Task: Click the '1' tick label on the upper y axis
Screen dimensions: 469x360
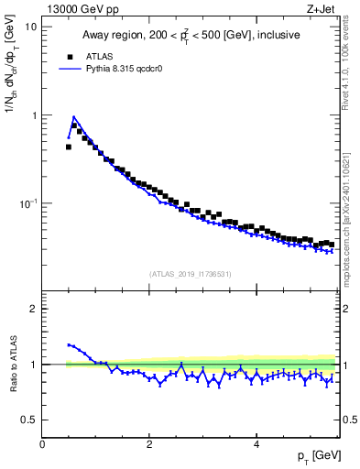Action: [x=35, y=115]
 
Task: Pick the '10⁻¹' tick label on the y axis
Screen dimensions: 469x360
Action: [x=27, y=203]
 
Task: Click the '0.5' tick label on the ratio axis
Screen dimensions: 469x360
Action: [x=30, y=420]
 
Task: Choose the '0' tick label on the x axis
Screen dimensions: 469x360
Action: [x=42, y=444]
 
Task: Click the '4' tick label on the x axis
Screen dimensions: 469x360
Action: [x=256, y=444]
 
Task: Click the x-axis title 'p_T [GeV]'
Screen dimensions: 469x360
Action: [x=315, y=456]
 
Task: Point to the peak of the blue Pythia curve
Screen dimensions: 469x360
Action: [x=73, y=117]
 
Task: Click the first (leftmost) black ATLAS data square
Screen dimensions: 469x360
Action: [x=69, y=147]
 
